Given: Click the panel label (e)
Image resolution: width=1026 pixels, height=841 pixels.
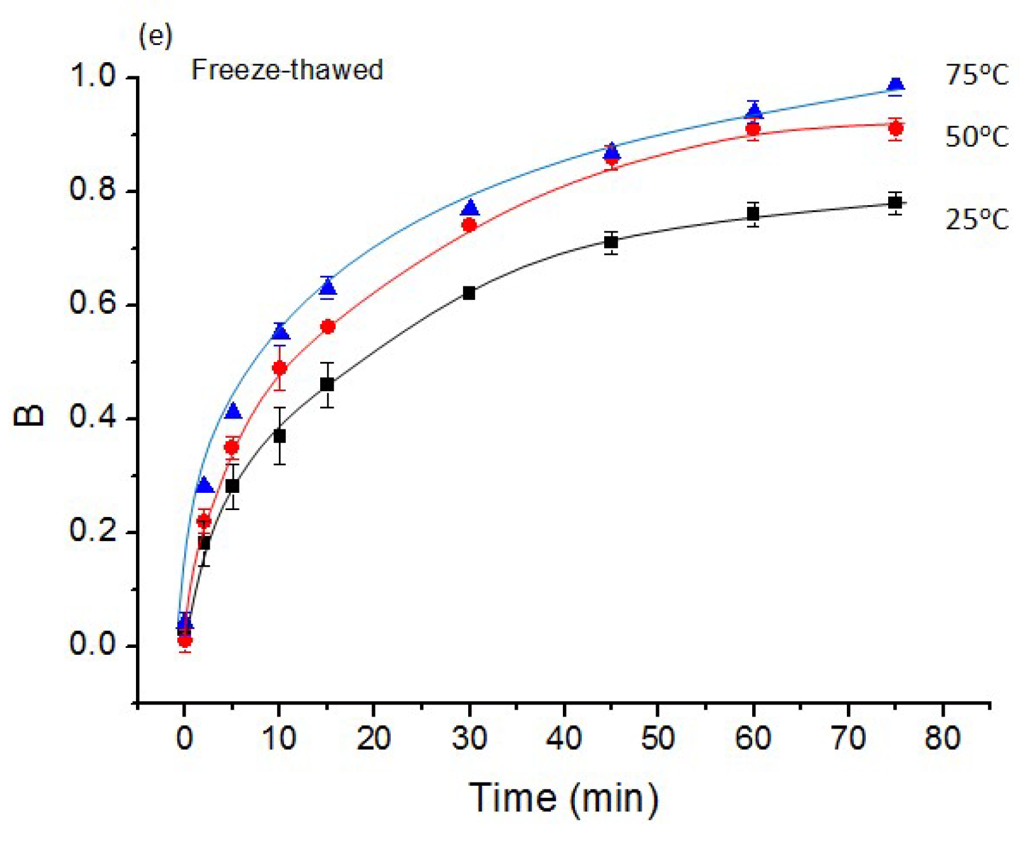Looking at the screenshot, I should (155, 37).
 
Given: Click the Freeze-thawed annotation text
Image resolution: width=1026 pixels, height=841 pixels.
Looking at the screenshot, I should (287, 70).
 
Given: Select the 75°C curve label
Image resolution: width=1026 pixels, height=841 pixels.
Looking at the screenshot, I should (976, 76).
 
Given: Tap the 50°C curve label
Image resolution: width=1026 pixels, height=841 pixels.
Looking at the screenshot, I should (976, 137).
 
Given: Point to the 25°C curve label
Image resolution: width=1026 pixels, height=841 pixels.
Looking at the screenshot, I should (976, 220).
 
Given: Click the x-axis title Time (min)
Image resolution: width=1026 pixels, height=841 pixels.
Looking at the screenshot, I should (564, 798).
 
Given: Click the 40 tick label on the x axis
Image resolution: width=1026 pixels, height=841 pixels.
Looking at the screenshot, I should (564, 738).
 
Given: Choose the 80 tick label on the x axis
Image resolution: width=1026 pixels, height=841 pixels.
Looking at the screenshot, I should (942, 738).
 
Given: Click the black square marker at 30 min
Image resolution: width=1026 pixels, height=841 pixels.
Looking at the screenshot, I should (469, 293).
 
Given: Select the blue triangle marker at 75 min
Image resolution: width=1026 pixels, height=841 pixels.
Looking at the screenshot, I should (896, 85).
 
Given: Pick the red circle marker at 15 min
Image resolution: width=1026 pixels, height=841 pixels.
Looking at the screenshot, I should (328, 327).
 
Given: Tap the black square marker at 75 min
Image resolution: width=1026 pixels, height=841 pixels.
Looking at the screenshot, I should (895, 203).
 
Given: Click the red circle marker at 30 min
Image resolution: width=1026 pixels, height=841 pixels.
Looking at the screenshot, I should (469, 225).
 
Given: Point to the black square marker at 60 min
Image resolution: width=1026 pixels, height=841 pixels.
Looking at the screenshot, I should (753, 214).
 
